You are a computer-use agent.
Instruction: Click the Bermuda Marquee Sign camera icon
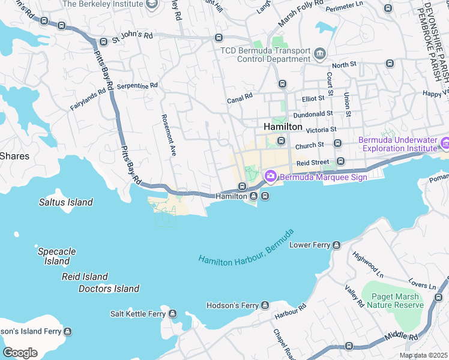click(x=270, y=176)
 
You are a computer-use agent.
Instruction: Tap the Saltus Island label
click(x=66, y=202)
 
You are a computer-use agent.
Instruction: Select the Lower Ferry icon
click(x=336, y=245)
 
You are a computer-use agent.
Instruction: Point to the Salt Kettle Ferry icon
click(x=173, y=314)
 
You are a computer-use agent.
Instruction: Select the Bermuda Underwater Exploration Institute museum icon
click(x=445, y=144)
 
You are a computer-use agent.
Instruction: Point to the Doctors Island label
click(x=109, y=289)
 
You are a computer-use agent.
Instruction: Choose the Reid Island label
click(x=85, y=277)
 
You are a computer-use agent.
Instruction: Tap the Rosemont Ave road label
click(x=167, y=135)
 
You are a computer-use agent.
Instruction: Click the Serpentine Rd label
click(x=137, y=86)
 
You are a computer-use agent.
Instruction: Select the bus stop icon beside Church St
click(x=337, y=143)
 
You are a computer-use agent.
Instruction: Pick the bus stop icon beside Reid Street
click(x=341, y=161)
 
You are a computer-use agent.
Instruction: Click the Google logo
click(x=20, y=352)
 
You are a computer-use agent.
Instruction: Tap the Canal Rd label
click(x=240, y=96)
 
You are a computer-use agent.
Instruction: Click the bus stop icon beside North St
click(x=390, y=63)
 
